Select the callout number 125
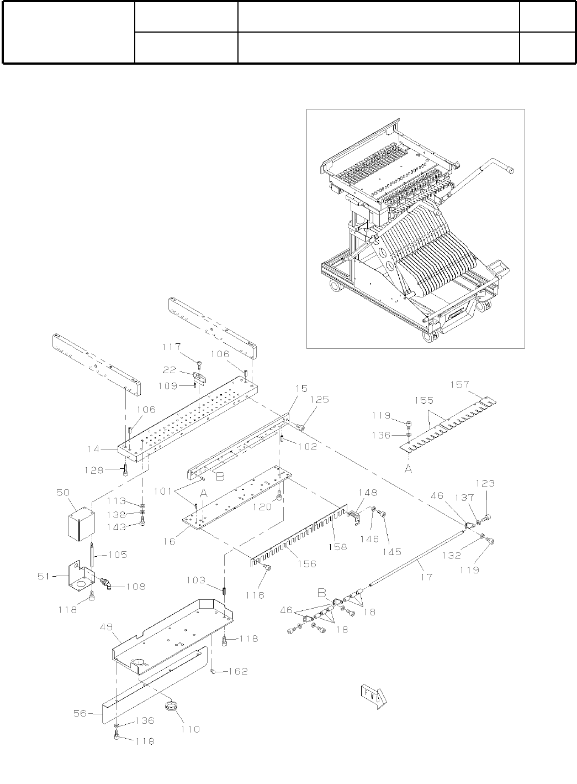point(320,414)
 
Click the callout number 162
point(238,671)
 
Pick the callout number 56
point(81,713)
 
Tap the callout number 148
point(367,492)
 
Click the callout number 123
point(486,483)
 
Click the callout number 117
point(171,347)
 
